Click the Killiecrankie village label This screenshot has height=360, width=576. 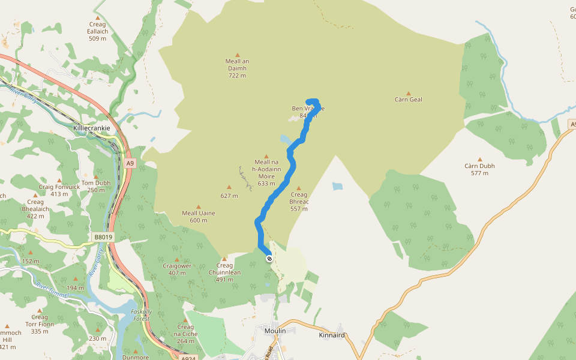[91, 128]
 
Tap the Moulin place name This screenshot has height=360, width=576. [275, 331]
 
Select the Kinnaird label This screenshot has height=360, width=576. [332, 335]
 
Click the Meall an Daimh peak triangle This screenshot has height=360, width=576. [238, 55]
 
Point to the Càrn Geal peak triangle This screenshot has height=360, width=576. [409, 94]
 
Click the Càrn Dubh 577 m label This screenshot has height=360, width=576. [479, 169]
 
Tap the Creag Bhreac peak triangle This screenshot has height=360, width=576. [299, 188]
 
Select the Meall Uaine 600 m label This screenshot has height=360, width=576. [199, 216]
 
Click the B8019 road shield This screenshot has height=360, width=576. [103, 237]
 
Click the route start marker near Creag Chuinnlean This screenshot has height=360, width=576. [269, 259]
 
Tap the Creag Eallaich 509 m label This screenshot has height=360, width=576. [97, 31]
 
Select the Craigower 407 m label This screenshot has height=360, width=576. [177, 269]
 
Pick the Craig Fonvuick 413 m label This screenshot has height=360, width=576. [59, 190]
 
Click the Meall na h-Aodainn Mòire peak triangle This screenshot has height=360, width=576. [266, 156]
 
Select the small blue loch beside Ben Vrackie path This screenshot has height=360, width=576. [285, 139]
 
